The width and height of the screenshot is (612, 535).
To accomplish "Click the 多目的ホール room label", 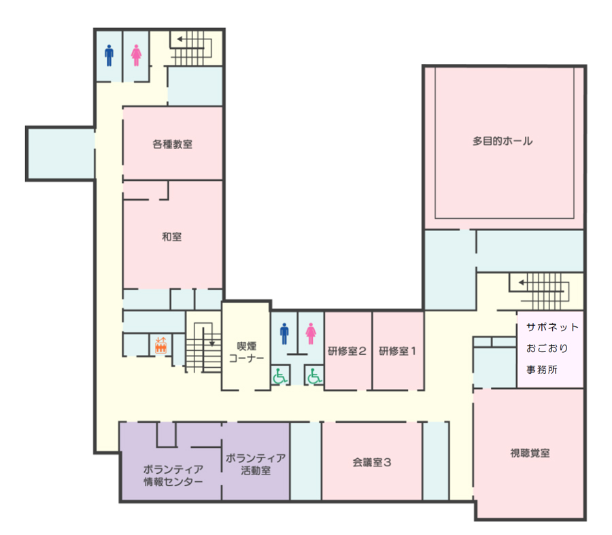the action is tap(503, 141).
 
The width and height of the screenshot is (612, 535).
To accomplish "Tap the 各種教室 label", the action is tap(172, 144).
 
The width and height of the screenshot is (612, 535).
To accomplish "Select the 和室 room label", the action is tap(172, 237).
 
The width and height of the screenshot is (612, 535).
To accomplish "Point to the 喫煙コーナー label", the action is tap(246, 352).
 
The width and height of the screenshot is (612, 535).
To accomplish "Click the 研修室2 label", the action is tap(347, 351).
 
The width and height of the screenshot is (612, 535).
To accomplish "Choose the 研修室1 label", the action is tap(397, 351).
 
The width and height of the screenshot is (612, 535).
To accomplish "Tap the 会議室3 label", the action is tap(371, 462).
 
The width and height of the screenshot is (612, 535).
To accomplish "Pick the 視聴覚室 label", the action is tap(530, 453).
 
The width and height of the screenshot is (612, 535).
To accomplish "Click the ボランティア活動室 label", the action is tap(256, 464).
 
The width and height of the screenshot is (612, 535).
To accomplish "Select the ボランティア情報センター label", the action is tap(173, 475).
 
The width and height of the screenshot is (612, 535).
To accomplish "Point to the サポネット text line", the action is tap(552, 327).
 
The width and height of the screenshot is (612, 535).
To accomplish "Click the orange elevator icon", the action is tap(160, 345).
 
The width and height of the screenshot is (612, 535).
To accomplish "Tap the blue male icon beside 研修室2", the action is tap(284, 334).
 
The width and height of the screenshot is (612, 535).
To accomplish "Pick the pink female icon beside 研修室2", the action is tap(311, 334).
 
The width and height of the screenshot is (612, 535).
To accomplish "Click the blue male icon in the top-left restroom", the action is tap(109, 56).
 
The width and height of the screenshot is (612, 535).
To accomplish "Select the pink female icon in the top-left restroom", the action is tap(136, 56).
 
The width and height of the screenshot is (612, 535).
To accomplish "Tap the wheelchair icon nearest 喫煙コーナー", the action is tap(279, 376).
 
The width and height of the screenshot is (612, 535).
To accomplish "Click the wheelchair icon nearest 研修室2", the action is tap(314, 376).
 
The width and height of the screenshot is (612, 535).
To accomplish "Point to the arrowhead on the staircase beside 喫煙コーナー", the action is tap(212, 344).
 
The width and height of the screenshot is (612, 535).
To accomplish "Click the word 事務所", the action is tap(542, 369).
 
